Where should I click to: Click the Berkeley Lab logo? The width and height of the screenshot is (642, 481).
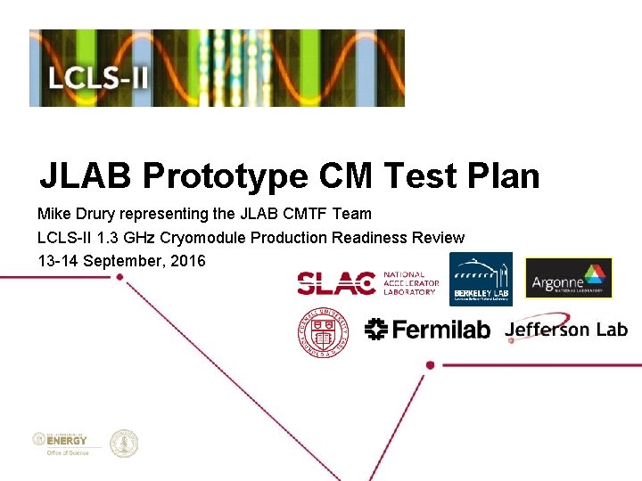tap(481, 278)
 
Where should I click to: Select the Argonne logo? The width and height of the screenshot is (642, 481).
tap(568, 278)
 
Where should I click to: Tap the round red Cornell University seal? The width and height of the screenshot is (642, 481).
tap(324, 330)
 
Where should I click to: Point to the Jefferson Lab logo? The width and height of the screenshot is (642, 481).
tap(565, 329)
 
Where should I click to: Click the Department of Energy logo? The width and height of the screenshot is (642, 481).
tap(62, 442)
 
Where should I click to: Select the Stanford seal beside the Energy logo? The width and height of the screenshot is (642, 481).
tap(124, 443)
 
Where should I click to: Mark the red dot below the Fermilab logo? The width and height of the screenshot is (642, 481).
tap(430, 364)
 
